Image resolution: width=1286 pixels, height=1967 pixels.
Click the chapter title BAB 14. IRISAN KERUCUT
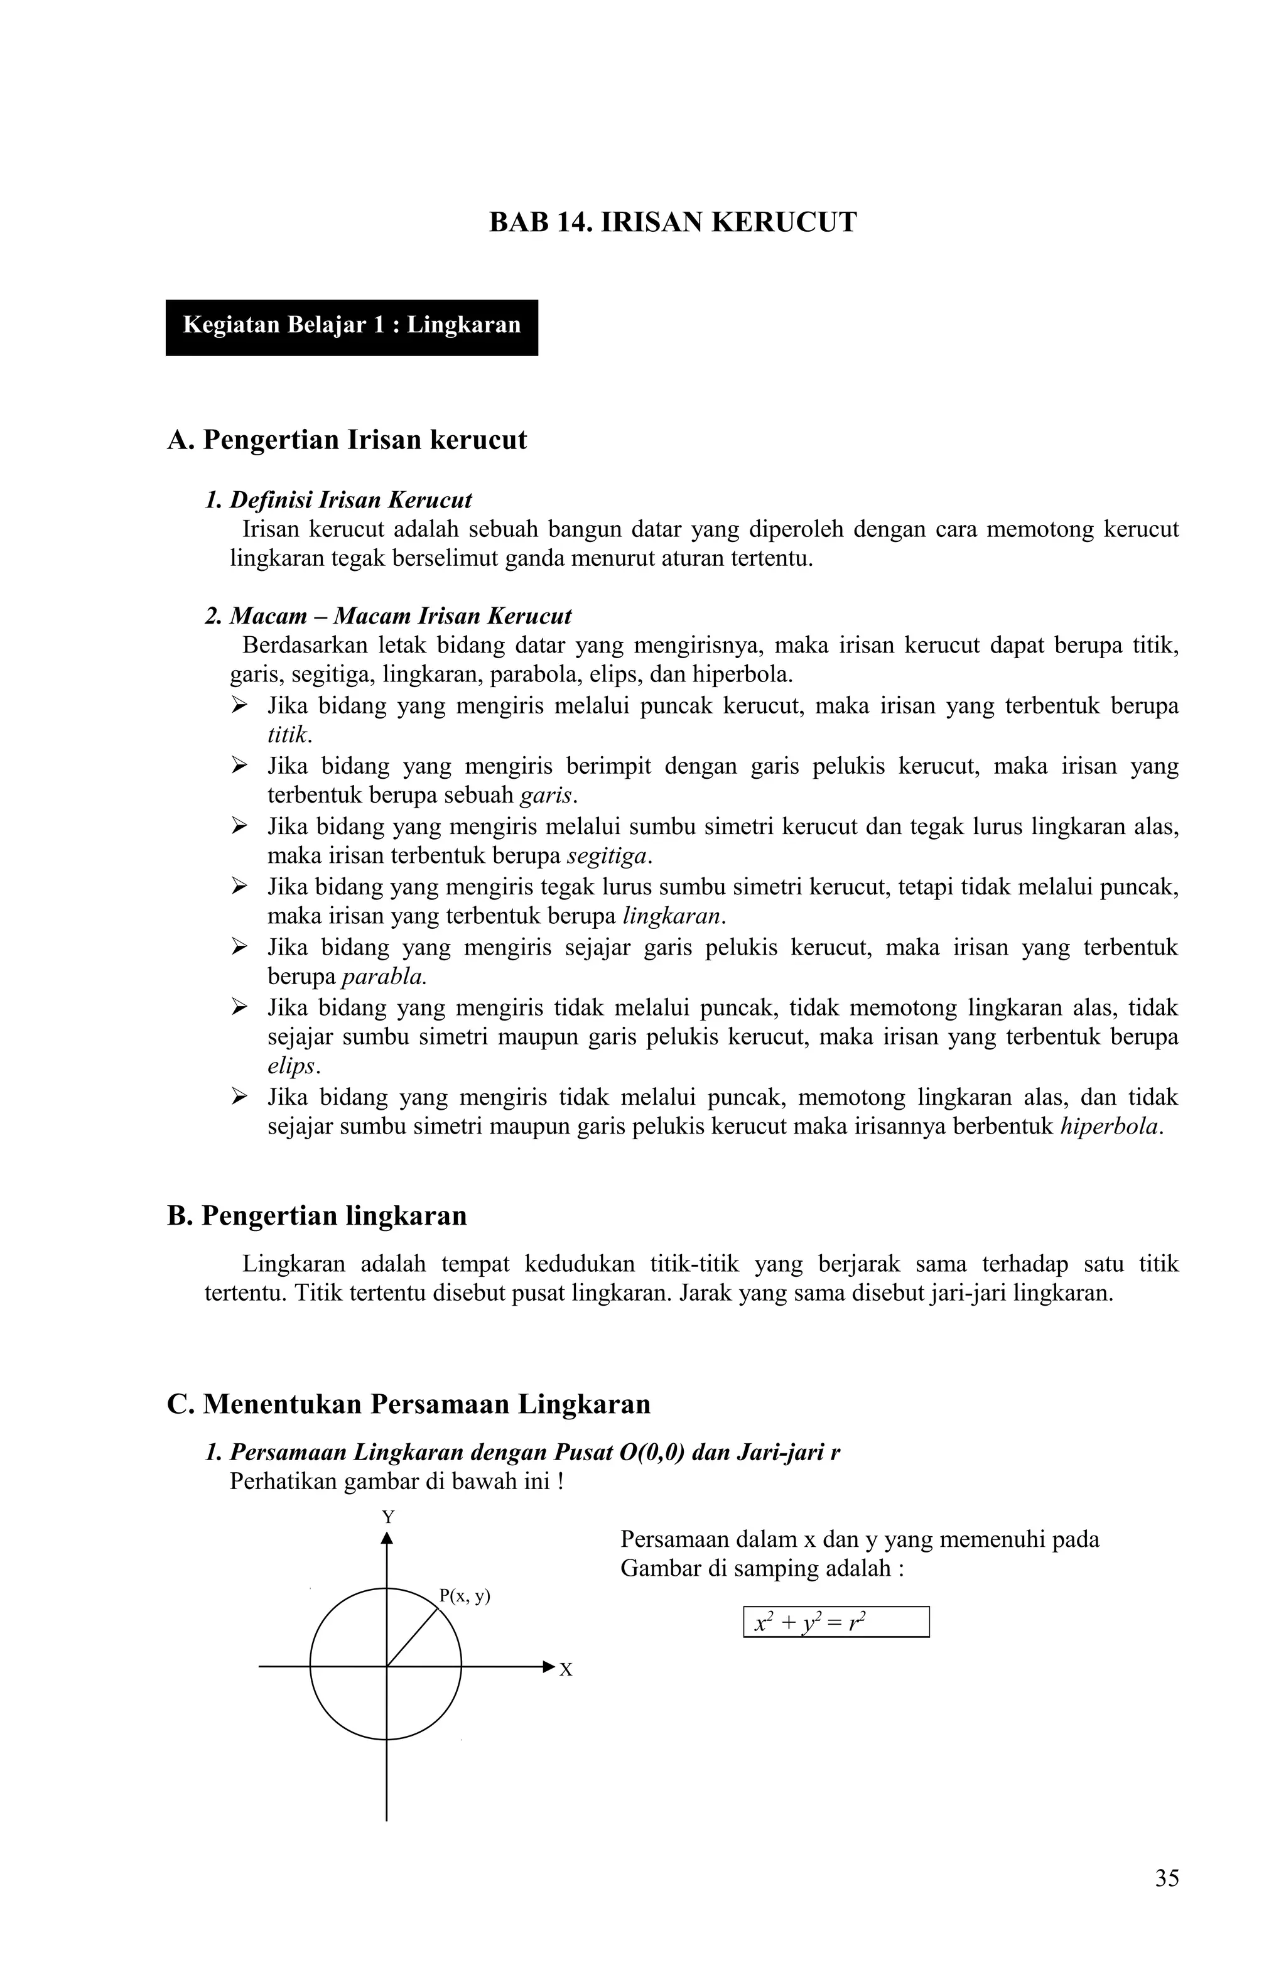pos(672,223)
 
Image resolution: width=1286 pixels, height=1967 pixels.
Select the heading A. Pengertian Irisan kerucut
pos(346,440)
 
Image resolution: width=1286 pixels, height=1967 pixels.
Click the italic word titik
pos(288,735)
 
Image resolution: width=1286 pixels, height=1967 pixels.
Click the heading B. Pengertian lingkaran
pos(316,1216)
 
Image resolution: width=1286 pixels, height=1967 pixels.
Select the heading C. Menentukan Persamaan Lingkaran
pos(408,1404)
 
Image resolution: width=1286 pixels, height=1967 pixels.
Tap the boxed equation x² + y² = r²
pos(836,1622)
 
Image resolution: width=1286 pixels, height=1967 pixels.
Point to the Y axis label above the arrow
pos(387,1517)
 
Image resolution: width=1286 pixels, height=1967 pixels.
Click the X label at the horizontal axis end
pos(566,1669)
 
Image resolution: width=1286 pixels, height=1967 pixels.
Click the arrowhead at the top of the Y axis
pos(386,1538)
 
